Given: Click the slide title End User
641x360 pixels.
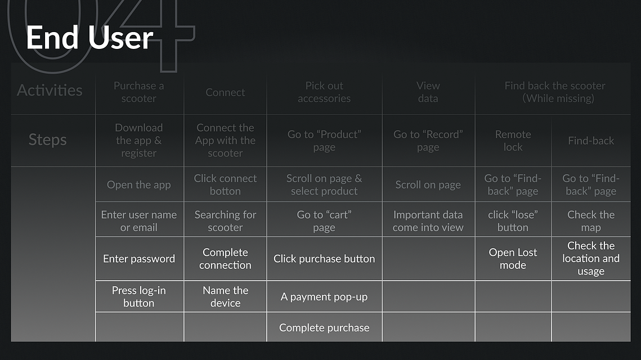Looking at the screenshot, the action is pos(89,38).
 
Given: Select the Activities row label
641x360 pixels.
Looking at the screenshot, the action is pos(50,91).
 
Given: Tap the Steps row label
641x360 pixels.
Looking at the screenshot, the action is pos(47,139).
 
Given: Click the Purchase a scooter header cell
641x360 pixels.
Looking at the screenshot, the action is pos(138,92).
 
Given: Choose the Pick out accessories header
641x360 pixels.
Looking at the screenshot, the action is pos(324,92).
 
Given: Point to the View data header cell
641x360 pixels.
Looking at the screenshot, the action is pos(428,92).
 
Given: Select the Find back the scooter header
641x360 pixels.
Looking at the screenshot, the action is pos(555,92).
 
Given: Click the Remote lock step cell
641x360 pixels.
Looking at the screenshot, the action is pos(513,141).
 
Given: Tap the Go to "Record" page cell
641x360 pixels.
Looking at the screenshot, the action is pos(428,141).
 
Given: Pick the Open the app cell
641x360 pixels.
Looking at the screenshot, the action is pos(139,184).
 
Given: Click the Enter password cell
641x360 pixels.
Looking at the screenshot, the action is pos(139,259).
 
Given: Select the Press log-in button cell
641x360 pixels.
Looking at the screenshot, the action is pos(139,296).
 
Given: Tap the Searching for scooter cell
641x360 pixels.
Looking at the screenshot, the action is pos(225,221).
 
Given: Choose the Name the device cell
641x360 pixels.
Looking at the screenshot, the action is pos(225,296).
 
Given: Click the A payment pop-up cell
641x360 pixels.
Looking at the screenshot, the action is pos(324,296).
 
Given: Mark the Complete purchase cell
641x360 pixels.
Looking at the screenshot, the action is pos(324,328).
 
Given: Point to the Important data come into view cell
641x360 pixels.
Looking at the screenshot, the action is pos(428,221).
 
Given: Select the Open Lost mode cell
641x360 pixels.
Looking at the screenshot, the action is pos(513,259).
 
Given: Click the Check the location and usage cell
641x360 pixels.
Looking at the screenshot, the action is pos(591,258).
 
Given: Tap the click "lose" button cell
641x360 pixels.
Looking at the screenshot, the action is pos(513,221).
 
